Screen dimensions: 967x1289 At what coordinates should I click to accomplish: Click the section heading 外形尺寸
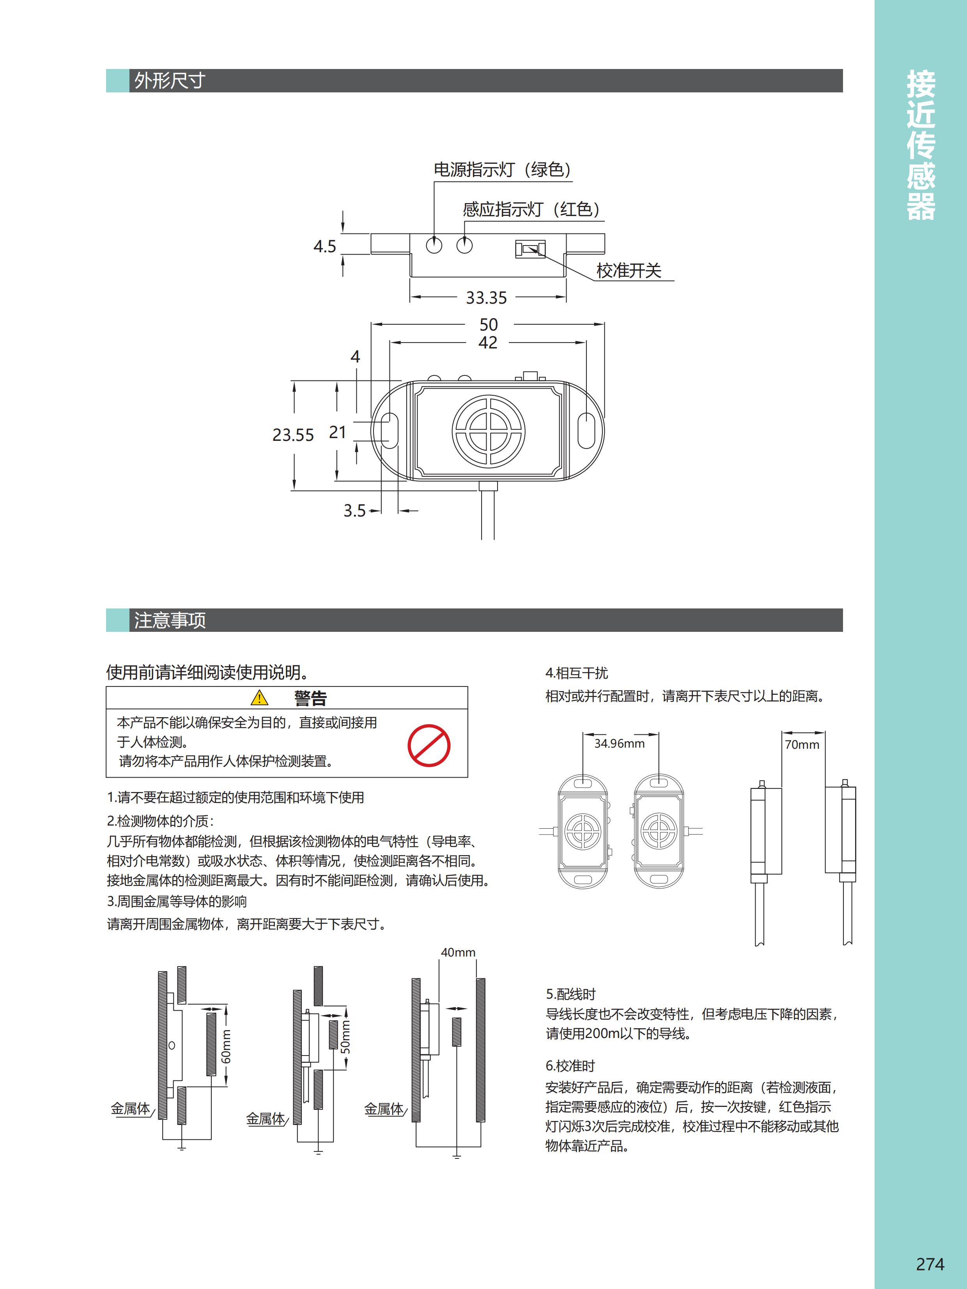click(170, 80)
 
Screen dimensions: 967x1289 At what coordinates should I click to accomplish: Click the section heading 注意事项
click(170, 620)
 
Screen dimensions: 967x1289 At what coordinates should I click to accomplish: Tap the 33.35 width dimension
click(486, 298)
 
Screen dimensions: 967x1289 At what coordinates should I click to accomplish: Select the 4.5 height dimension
click(325, 246)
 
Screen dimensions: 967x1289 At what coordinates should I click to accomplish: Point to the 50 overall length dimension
click(489, 325)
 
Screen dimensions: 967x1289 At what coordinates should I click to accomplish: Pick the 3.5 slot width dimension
click(354, 511)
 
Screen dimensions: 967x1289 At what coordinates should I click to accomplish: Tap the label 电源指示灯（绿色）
click(503, 170)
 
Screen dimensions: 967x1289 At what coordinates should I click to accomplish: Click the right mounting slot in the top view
click(586, 431)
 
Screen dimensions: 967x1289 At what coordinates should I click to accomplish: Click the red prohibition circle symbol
click(429, 745)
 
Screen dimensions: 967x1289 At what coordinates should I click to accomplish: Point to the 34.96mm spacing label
click(620, 744)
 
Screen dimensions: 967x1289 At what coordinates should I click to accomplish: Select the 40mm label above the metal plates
click(458, 952)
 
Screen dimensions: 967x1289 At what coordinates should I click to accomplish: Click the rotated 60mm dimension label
click(226, 1046)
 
